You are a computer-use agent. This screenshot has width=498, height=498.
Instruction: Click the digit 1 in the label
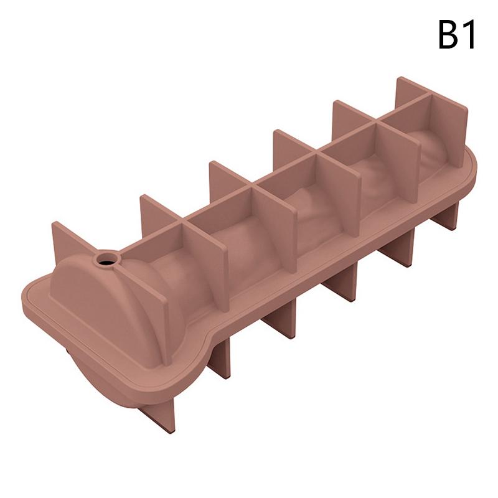click(x=468, y=34)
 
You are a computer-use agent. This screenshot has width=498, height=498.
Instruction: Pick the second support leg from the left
click(x=219, y=357)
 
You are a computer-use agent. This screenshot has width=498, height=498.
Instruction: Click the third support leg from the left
click(x=281, y=320)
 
